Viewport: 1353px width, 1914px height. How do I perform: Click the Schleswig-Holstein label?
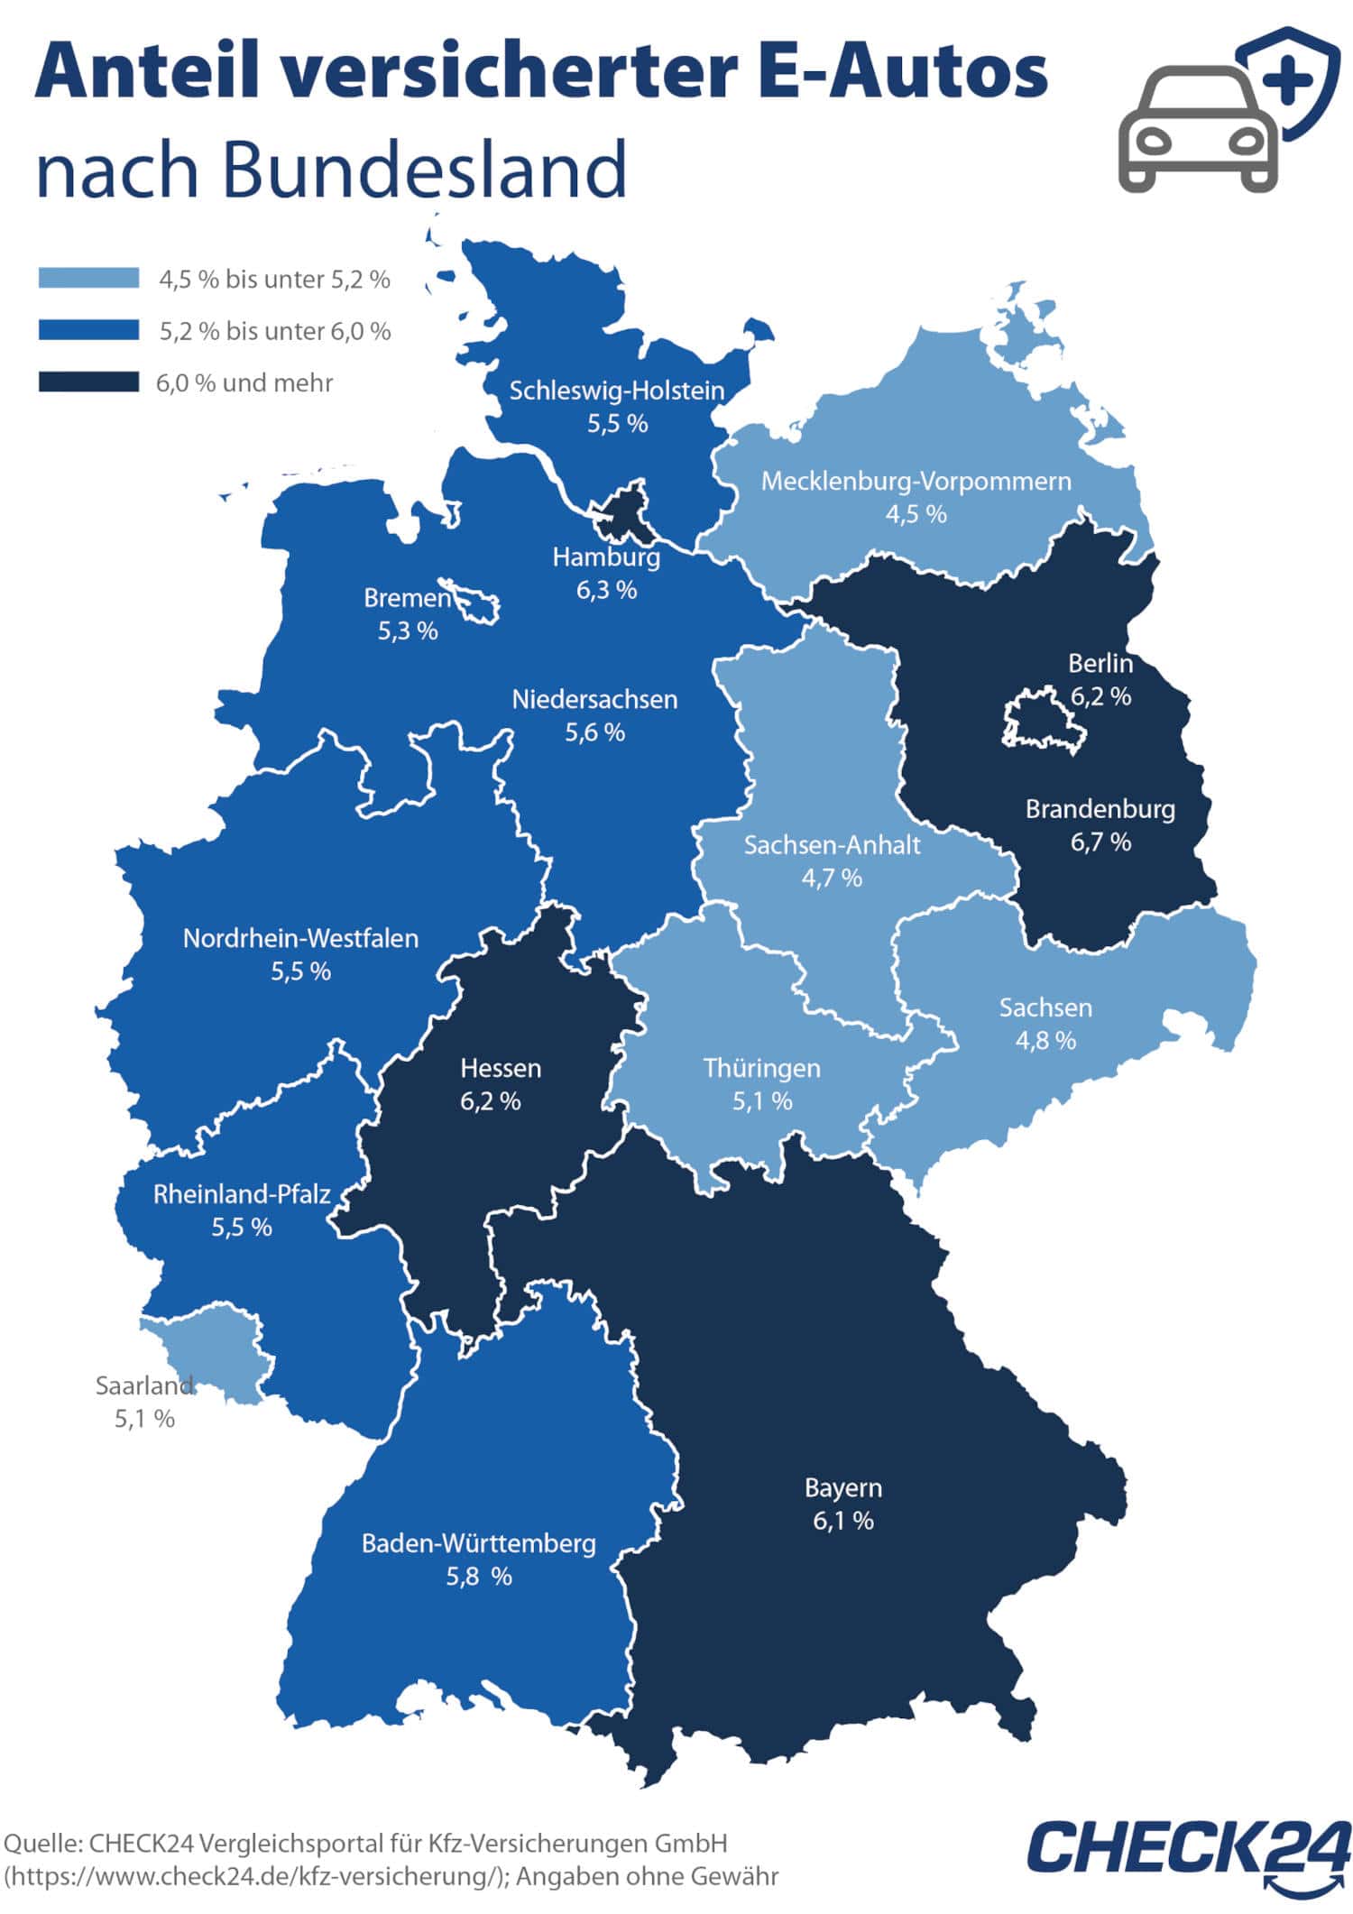(617, 391)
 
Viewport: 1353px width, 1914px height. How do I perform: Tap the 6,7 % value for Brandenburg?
(1100, 842)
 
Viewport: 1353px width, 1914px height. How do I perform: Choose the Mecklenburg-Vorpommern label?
(916, 481)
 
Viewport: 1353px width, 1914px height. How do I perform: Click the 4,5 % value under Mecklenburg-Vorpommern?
(916, 514)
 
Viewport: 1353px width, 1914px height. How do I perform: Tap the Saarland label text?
(144, 1385)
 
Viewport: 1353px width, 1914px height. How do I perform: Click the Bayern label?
(843, 1487)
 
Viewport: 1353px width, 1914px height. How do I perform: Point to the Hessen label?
(501, 1068)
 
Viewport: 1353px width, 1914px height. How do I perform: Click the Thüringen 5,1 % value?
(762, 1100)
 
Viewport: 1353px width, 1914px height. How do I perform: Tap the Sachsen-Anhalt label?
(832, 845)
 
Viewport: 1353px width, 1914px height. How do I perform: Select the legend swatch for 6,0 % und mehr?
(88, 382)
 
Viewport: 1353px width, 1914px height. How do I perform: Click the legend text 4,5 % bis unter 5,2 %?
(274, 280)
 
